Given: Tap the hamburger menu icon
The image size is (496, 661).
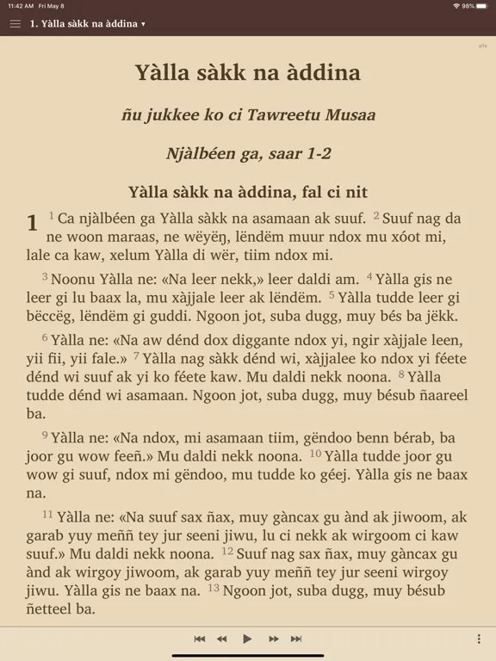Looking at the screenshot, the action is click(15, 24).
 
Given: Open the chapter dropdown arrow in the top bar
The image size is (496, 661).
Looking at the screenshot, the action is click(143, 24).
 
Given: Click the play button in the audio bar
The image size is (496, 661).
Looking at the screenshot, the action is click(247, 639).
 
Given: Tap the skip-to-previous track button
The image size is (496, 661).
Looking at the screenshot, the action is click(200, 639).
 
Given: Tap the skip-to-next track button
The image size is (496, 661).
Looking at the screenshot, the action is click(296, 639).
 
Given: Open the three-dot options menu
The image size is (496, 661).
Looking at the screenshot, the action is click(479, 639).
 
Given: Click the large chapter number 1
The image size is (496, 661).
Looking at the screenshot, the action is click(32, 224).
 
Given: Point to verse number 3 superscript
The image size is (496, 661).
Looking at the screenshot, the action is click(45, 275).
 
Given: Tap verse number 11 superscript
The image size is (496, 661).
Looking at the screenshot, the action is click(47, 514).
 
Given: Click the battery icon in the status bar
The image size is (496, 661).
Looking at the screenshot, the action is click(482, 6).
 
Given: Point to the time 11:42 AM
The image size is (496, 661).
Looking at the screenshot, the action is click(20, 6).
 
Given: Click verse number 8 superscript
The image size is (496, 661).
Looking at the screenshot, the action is click(400, 374).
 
